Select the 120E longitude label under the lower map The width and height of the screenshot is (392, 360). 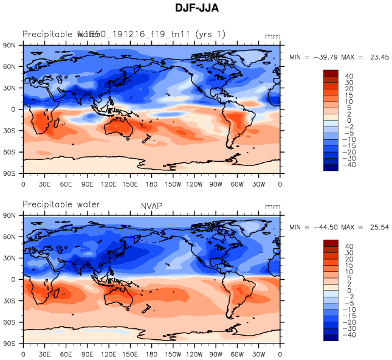[x=109, y=353]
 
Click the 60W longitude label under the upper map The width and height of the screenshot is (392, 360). [x=237, y=183]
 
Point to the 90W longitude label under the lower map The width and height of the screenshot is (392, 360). [x=216, y=353]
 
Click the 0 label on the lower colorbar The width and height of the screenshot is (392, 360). [x=341, y=291]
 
